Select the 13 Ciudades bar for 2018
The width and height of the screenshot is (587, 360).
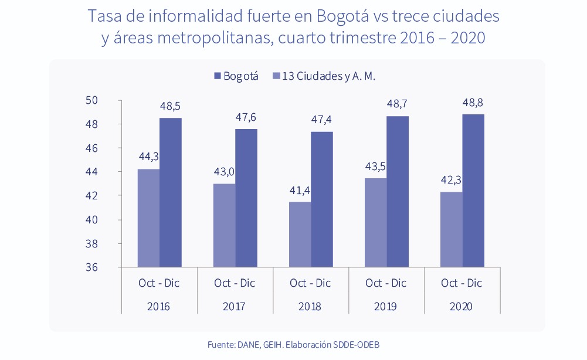pos(300,235)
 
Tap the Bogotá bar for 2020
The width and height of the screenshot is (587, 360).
pos(473,191)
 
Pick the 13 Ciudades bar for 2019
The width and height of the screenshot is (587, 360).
pos(375,222)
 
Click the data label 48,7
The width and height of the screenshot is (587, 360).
pos(397,104)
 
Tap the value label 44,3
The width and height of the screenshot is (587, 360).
pos(149,157)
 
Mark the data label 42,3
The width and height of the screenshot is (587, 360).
pos(451,179)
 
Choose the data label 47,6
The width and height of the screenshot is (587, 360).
pos(246,117)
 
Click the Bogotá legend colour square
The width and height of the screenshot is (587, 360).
pos(218,76)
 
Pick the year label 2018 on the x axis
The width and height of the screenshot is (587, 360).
pos(310,307)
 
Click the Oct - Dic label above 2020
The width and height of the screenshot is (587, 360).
pos(462,283)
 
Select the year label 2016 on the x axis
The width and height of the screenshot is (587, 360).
pos(158,307)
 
